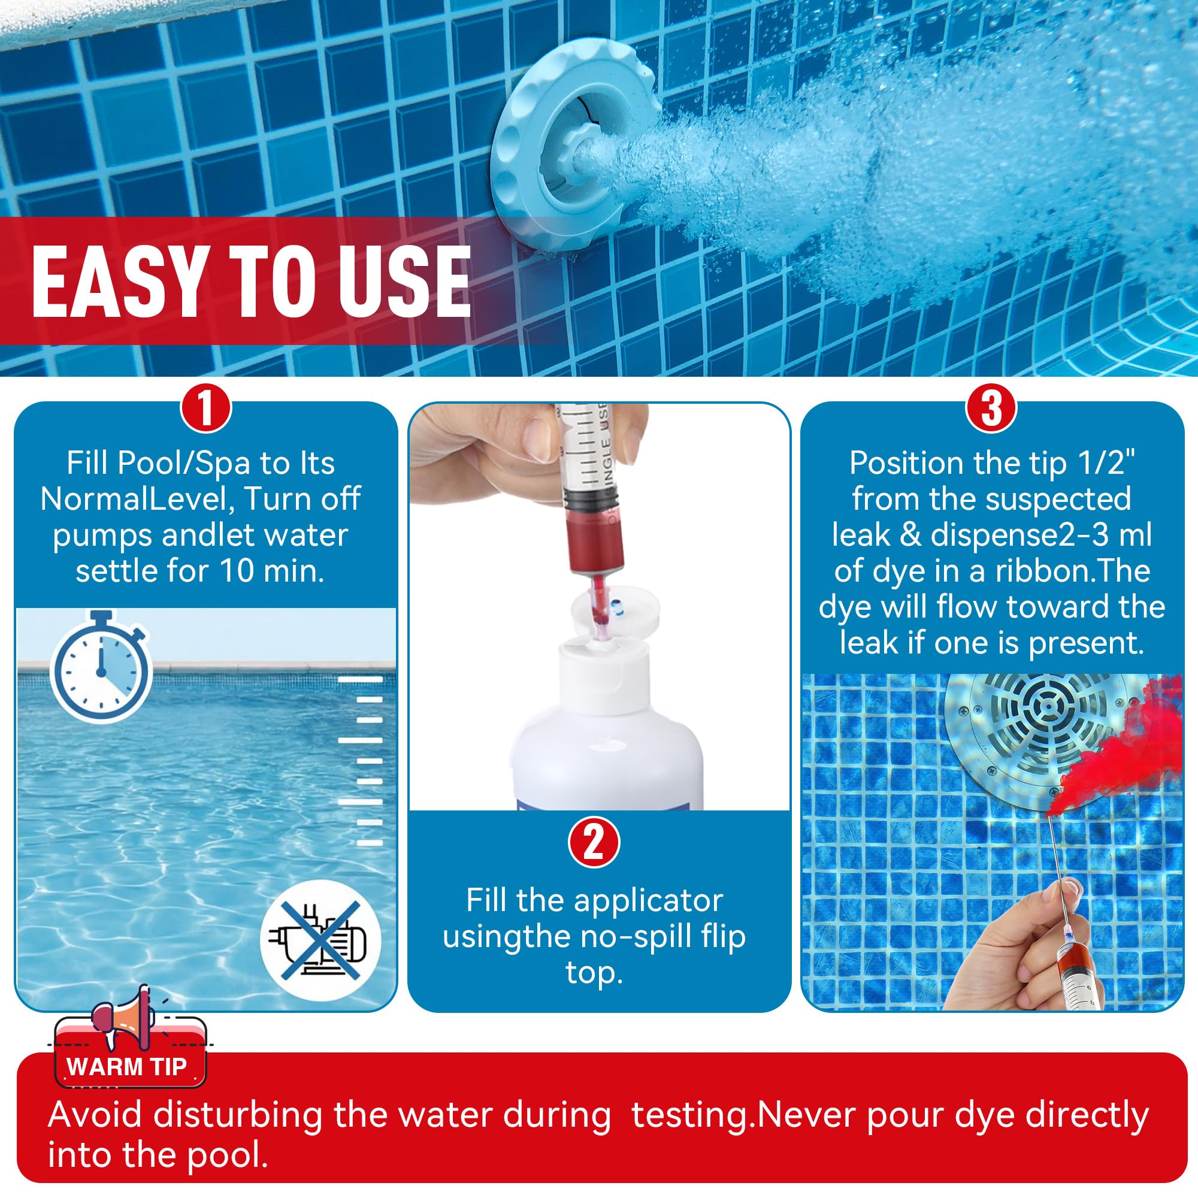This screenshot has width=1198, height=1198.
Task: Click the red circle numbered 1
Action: tap(206, 409)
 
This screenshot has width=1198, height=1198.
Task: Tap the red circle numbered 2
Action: tap(594, 842)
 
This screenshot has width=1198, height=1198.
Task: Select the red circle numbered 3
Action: tap(991, 409)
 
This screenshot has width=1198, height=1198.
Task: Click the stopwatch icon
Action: tap(101, 667)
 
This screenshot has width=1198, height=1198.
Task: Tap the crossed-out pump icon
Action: tap(320, 939)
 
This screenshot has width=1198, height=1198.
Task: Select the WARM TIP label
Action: tap(127, 1067)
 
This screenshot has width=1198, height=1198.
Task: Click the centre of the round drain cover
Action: tap(1048, 707)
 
